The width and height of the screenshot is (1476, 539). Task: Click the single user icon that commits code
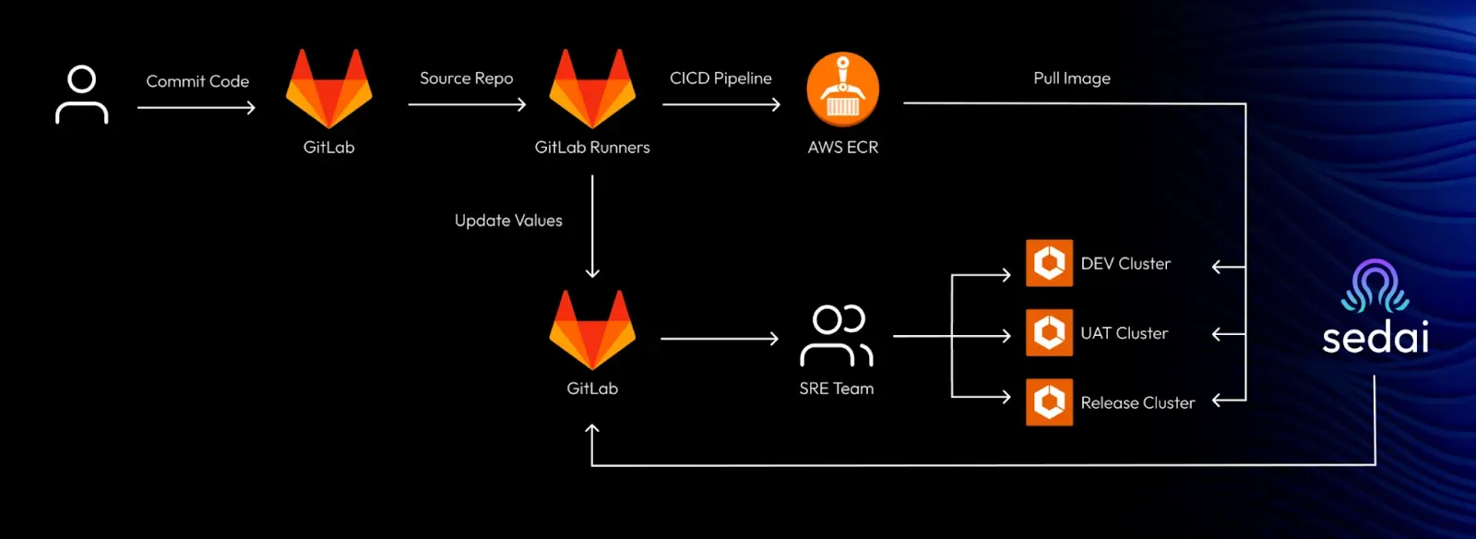click(x=82, y=95)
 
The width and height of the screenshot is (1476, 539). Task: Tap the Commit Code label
click(x=197, y=81)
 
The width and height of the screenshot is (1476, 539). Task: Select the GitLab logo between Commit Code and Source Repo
click(x=328, y=89)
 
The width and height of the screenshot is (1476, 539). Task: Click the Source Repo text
click(x=467, y=78)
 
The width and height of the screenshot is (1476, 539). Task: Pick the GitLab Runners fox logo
click(x=592, y=89)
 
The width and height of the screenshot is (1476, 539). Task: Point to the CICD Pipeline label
click(x=720, y=78)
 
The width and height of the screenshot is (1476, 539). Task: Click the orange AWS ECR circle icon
click(x=843, y=89)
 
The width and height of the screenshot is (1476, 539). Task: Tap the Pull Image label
click(x=1072, y=78)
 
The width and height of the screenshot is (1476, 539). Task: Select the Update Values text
click(x=508, y=220)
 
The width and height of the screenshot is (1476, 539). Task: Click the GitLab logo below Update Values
click(x=592, y=329)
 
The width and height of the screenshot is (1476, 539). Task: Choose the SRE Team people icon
click(x=837, y=335)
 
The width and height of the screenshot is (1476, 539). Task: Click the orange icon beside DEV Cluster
click(x=1049, y=263)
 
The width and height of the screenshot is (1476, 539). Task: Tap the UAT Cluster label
click(x=1125, y=333)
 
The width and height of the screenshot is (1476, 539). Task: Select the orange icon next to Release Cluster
click(x=1049, y=402)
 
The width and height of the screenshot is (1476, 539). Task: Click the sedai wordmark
click(x=1375, y=337)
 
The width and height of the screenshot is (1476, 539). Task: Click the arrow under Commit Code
click(x=196, y=107)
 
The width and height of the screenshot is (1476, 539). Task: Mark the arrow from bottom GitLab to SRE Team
click(x=720, y=339)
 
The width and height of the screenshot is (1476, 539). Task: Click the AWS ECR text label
click(x=843, y=147)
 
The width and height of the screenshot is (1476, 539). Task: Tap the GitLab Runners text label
click(x=592, y=147)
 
